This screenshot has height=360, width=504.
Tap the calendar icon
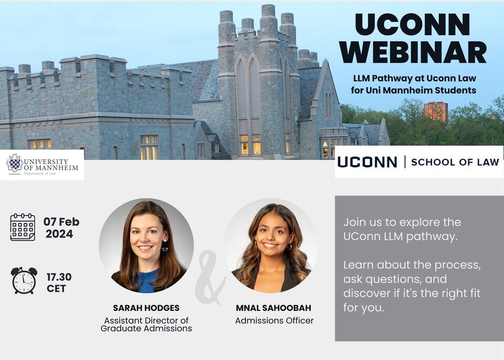(23, 227)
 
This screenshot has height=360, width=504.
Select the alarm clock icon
(24, 280)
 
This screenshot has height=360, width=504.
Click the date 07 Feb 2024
(61, 228)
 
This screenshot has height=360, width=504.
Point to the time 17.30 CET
(59, 282)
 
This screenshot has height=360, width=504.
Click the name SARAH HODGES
(146, 308)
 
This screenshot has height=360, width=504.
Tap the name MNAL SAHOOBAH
(274, 308)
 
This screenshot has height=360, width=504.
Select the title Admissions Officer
(274, 321)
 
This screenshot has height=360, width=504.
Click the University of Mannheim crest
(15, 163)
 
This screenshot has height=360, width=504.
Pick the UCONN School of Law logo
(418, 162)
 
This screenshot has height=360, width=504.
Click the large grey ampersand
(209, 278)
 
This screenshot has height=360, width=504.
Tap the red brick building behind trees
(436, 111)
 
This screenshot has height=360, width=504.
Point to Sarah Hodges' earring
(165, 246)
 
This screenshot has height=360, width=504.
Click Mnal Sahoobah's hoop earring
(289, 247)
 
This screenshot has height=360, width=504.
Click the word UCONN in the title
(413, 25)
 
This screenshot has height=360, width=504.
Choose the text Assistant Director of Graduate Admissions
(146, 324)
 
